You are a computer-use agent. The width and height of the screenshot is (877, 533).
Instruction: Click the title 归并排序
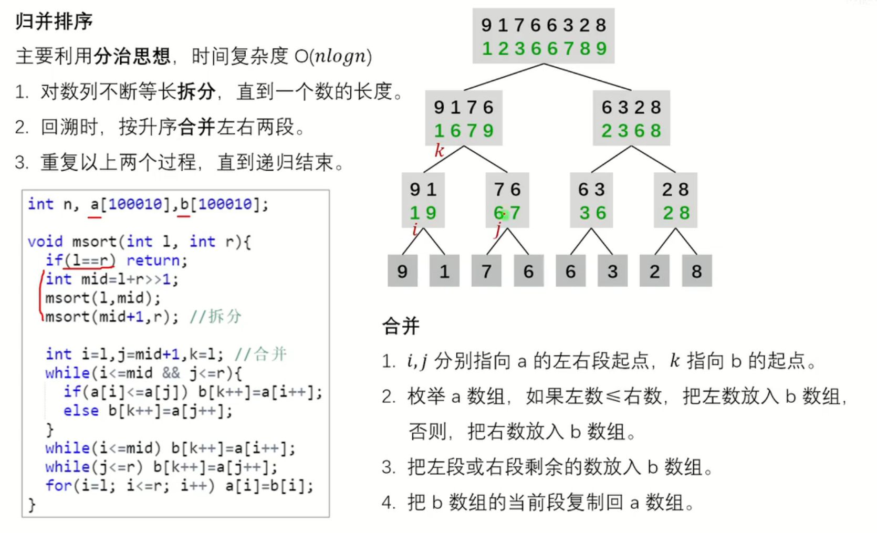click(x=54, y=22)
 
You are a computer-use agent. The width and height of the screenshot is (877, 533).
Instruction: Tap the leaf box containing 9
click(x=402, y=271)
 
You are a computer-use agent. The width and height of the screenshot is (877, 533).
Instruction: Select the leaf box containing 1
click(x=444, y=271)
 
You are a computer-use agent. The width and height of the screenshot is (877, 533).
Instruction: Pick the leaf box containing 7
click(x=486, y=271)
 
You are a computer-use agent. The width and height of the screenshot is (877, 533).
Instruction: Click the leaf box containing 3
click(x=612, y=271)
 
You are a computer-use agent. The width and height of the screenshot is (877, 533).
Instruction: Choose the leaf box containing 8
click(x=696, y=271)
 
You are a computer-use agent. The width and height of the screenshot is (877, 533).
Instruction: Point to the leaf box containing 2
click(x=654, y=271)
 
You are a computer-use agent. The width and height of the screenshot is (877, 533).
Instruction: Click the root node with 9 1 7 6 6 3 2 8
click(x=544, y=36)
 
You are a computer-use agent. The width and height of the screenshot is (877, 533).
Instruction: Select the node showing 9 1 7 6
click(x=464, y=118)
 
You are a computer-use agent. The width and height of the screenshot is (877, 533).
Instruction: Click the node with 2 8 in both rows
click(x=675, y=200)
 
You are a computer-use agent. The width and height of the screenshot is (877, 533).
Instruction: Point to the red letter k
click(x=439, y=151)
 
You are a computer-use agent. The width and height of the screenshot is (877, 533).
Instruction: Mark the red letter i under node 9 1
click(x=415, y=229)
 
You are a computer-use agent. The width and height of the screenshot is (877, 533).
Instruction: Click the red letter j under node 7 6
click(x=498, y=229)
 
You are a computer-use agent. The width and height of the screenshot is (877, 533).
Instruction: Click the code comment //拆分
click(x=216, y=317)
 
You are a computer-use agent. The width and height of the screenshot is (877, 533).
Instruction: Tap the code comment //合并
click(x=260, y=354)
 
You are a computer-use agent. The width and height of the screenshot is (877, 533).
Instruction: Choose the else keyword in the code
click(x=81, y=411)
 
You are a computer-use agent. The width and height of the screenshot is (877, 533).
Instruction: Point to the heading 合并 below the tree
click(x=401, y=327)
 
